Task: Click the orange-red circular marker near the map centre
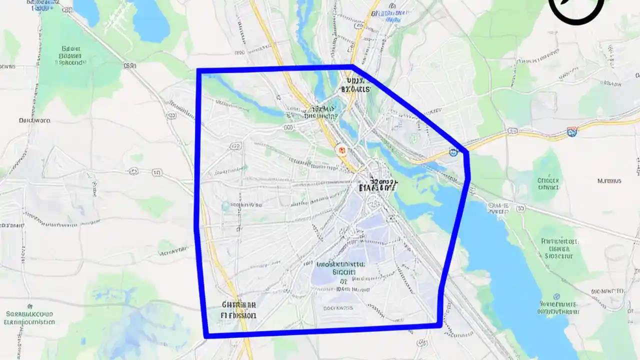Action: pos(342,149)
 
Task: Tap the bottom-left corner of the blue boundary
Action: pos(206,335)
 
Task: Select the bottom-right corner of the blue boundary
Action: pos(439,325)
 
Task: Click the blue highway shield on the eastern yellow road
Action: pos(571,132)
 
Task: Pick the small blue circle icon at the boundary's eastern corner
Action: pos(453,152)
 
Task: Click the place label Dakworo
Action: pos(34,120)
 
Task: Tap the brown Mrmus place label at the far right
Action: pos(609,181)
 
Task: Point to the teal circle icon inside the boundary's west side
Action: pos(225,205)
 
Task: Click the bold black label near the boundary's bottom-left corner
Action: pos(238,310)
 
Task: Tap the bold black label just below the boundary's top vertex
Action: pos(355,84)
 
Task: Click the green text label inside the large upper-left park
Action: pos(71,56)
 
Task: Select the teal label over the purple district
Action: pos(341,268)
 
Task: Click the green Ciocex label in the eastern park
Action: pos(548,183)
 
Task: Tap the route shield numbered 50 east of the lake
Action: pos(520,208)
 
